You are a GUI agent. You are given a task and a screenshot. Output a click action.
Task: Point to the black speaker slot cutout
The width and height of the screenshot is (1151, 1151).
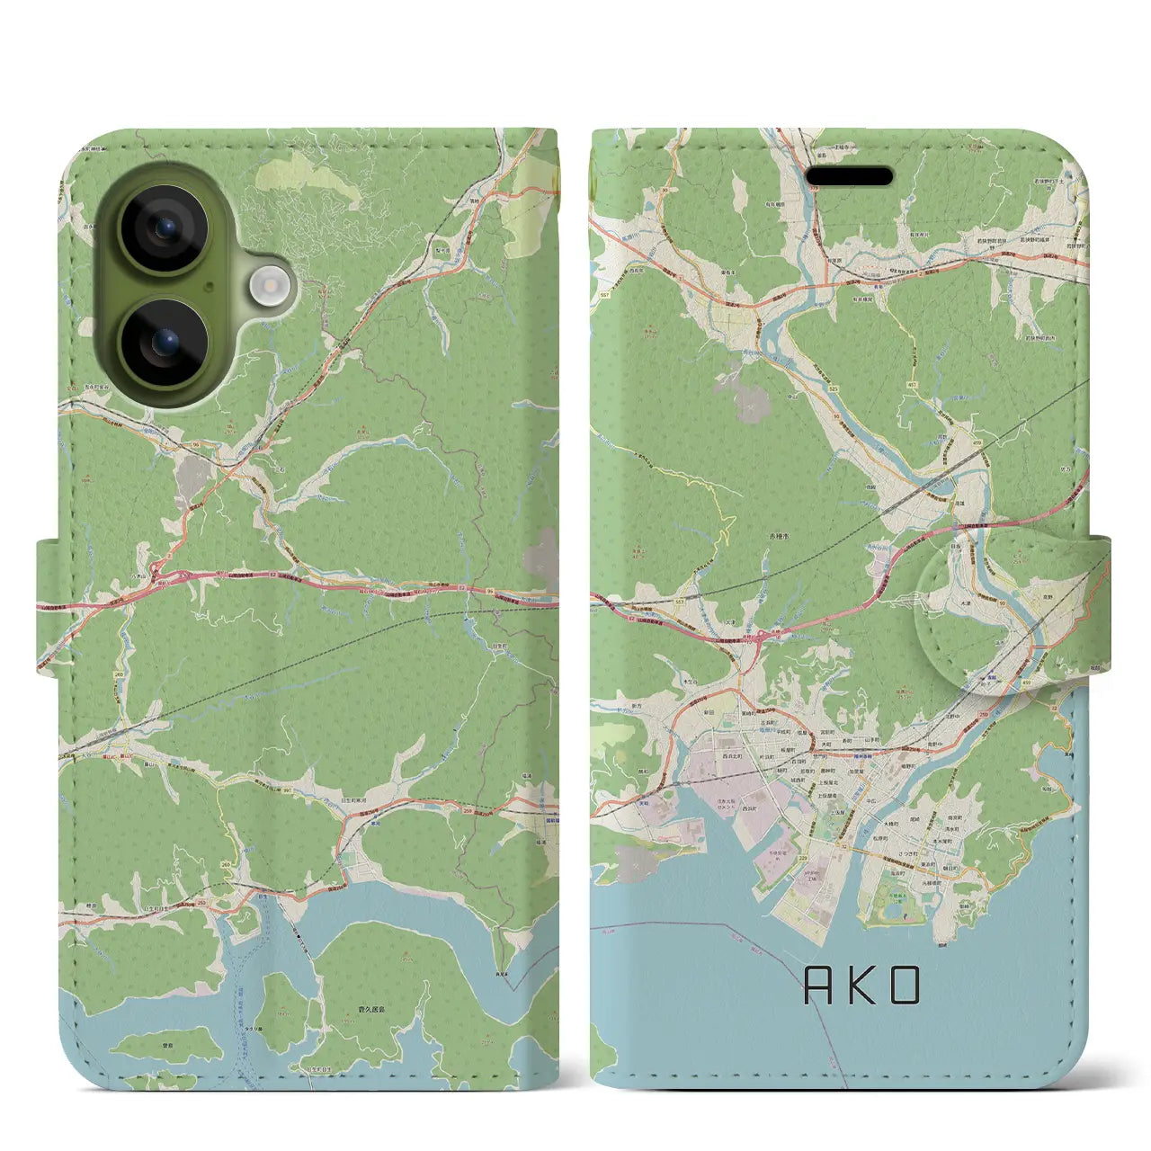(849, 175)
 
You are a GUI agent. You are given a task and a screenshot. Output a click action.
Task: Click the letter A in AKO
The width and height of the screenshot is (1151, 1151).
(818, 986)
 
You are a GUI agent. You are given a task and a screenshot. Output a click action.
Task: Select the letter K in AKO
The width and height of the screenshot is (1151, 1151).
(862, 986)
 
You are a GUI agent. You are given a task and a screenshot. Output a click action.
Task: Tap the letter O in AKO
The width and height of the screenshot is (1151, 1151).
(906, 986)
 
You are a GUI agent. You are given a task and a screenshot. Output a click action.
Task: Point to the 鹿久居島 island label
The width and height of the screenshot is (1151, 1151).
(371, 1010)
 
